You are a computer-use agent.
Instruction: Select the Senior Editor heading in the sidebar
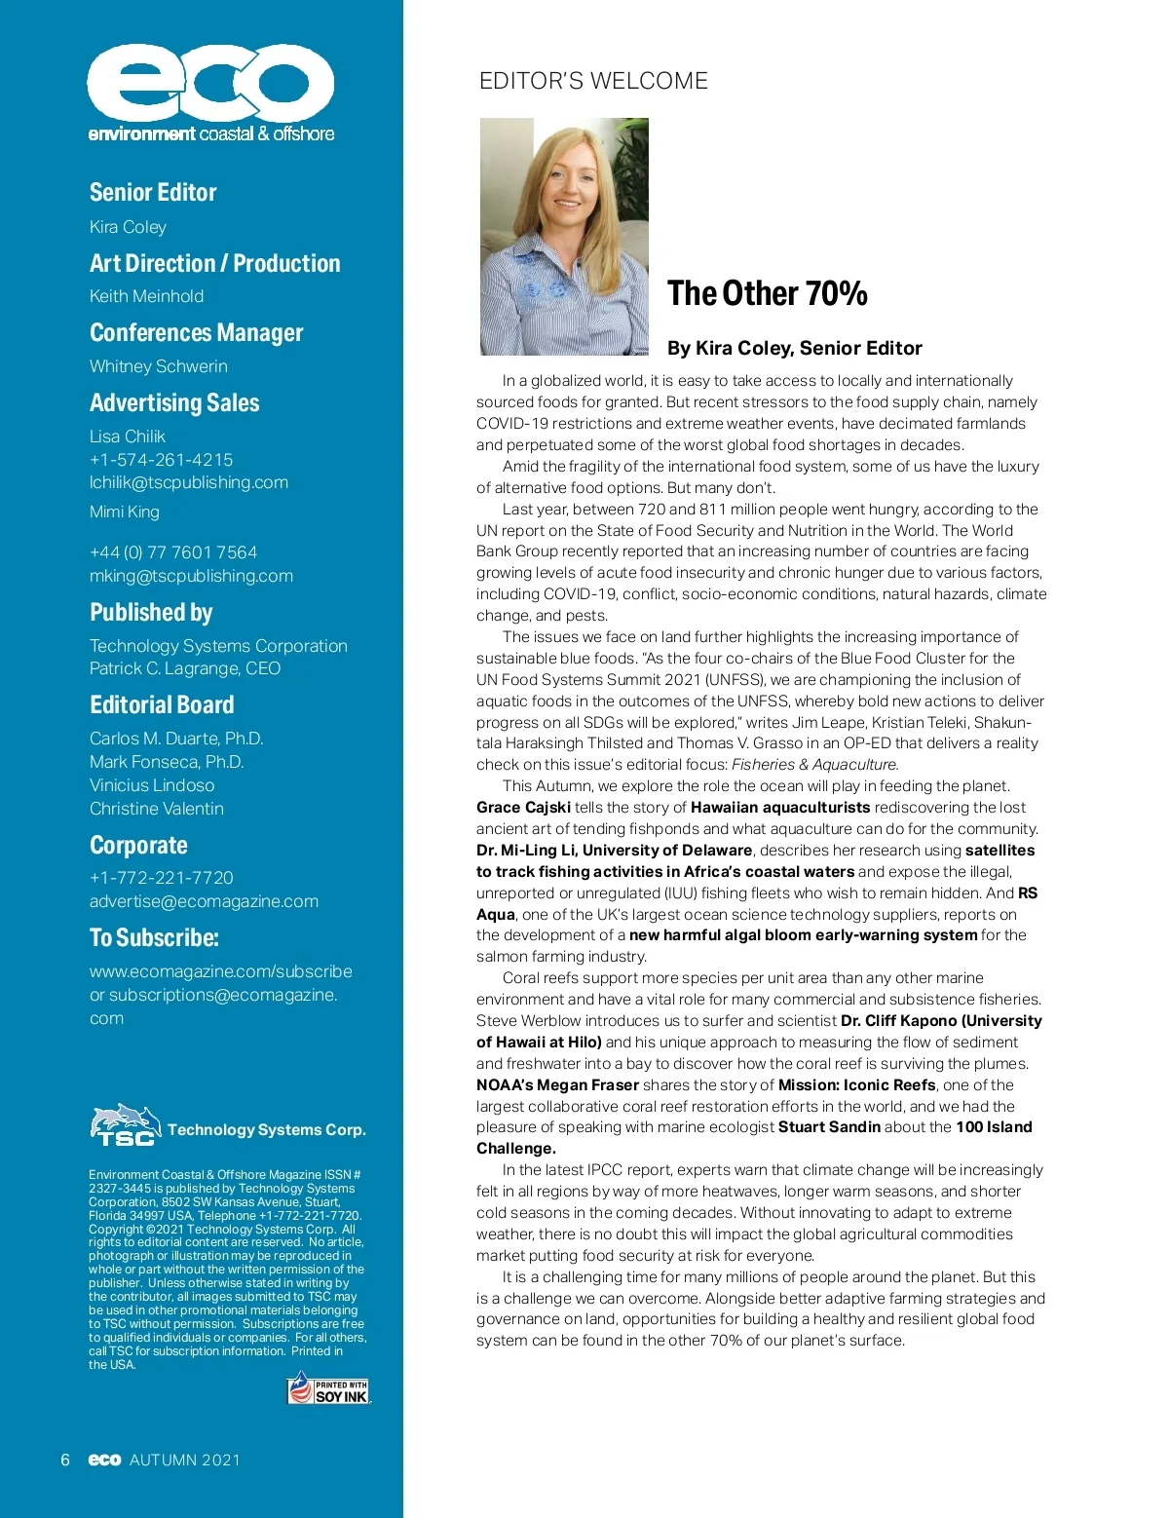tap(153, 192)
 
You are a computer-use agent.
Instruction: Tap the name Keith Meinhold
tap(146, 296)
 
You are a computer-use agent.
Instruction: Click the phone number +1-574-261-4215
tap(161, 460)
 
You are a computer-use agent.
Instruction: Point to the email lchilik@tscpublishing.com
tap(189, 482)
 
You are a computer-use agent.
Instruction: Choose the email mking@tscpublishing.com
tap(191, 576)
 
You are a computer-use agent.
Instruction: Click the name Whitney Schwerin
tap(158, 366)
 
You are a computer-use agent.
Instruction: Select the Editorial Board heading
tap(162, 704)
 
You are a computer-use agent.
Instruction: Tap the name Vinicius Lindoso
tap(152, 785)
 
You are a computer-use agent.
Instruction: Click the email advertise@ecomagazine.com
tap(204, 901)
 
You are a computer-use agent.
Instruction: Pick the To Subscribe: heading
tap(154, 937)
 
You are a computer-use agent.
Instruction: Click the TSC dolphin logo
tap(125, 1125)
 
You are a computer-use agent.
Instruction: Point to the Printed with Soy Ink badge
tap(328, 1389)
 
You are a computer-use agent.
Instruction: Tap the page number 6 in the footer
tap(65, 1460)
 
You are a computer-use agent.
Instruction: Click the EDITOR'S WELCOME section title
tap(593, 81)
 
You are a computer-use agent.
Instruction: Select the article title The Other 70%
tap(767, 293)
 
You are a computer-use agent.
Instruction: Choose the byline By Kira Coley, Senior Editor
tap(794, 348)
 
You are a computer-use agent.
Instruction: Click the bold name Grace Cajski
tap(523, 808)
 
